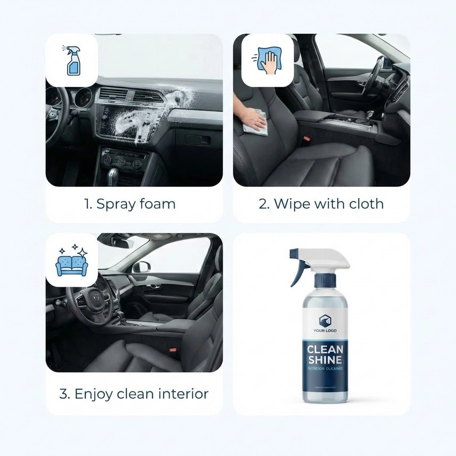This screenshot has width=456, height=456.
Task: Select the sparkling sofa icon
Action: (x=72, y=260)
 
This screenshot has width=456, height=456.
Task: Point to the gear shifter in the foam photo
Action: (x=114, y=176)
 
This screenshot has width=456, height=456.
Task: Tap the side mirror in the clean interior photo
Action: (x=142, y=267)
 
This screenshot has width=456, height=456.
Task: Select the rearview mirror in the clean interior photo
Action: (x=122, y=243)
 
